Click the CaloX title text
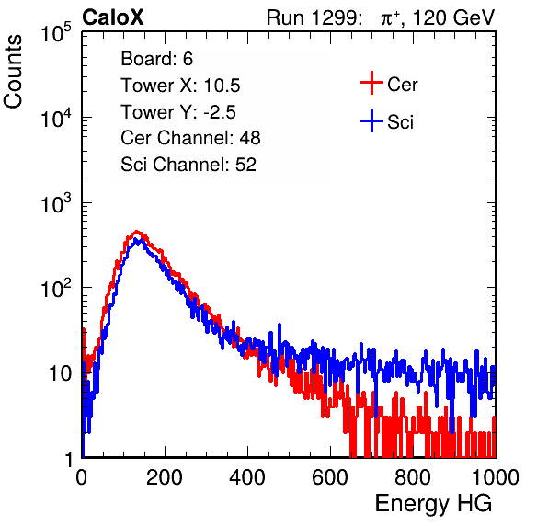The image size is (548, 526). (113, 17)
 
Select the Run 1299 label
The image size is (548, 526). (314, 17)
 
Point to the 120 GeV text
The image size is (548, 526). (453, 17)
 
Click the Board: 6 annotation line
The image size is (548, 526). (157, 59)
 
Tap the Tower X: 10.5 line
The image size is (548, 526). (180, 86)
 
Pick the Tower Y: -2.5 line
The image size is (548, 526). (178, 112)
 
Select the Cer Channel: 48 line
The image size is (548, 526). (190, 138)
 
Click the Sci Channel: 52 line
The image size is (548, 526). (188, 165)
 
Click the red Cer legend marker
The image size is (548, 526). (371, 83)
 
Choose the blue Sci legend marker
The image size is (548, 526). (371, 120)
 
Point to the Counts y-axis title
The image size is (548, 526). (13, 72)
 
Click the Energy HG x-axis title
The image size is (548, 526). (433, 504)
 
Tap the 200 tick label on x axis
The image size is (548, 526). (165, 477)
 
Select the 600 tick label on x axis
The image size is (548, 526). (330, 477)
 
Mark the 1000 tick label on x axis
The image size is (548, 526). (496, 477)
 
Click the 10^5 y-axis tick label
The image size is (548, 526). (56, 33)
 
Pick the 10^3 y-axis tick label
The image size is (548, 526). (56, 203)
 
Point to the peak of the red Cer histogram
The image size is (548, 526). (137, 232)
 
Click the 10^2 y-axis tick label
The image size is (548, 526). (56, 289)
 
